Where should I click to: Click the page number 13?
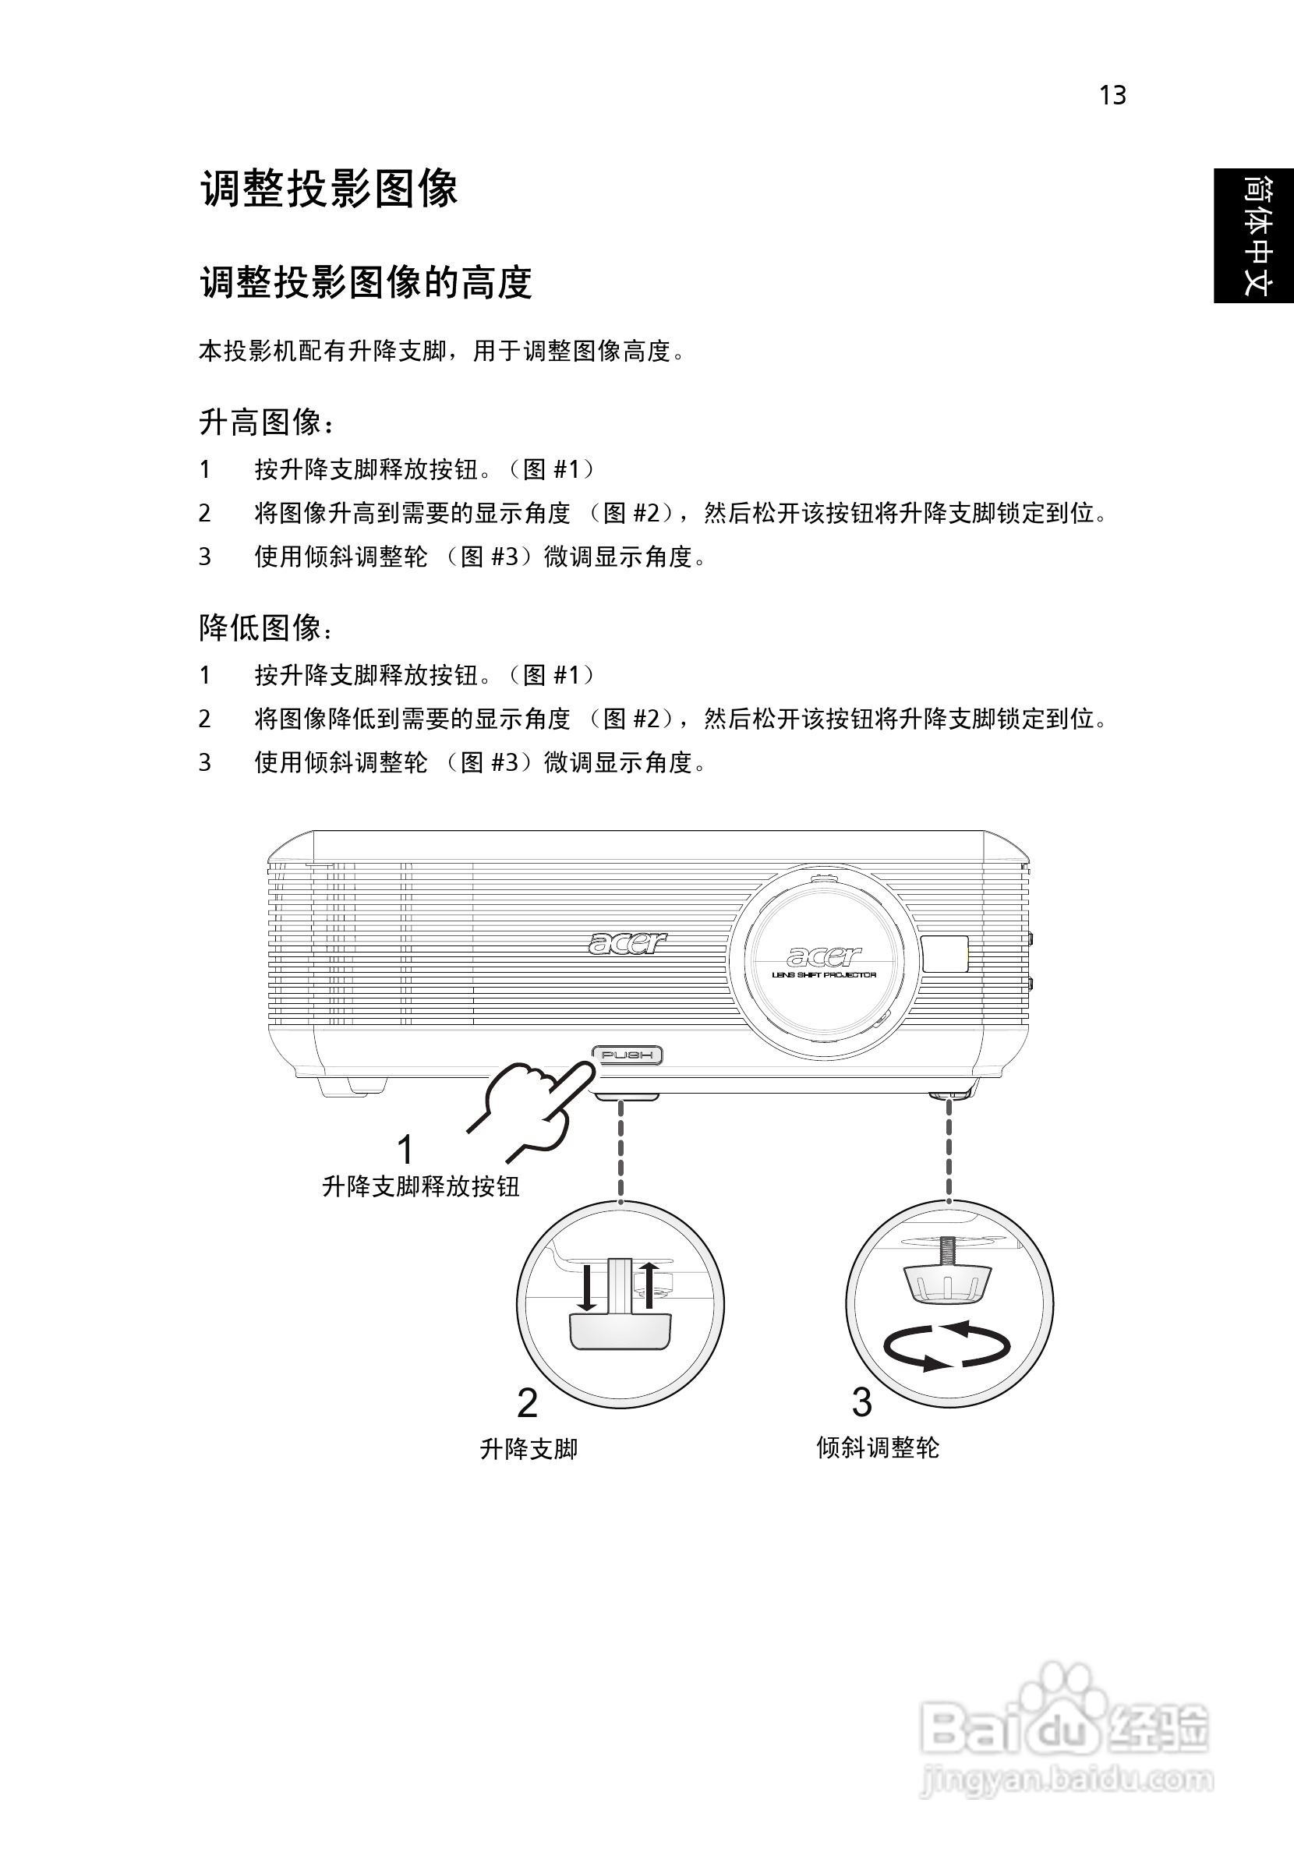(1112, 96)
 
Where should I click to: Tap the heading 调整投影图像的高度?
(366, 283)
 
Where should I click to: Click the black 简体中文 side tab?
(1254, 235)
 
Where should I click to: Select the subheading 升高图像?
(265, 422)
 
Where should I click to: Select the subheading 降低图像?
(265, 628)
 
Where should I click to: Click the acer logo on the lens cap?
(824, 956)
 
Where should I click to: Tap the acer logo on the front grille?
(628, 942)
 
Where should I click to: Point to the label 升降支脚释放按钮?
(420, 1186)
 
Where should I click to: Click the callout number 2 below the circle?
(527, 1405)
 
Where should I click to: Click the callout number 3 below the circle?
(861, 1403)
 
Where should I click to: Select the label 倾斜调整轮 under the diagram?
(878, 1448)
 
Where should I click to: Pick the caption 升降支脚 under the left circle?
(529, 1450)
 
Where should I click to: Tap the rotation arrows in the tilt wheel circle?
(947, 1345)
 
